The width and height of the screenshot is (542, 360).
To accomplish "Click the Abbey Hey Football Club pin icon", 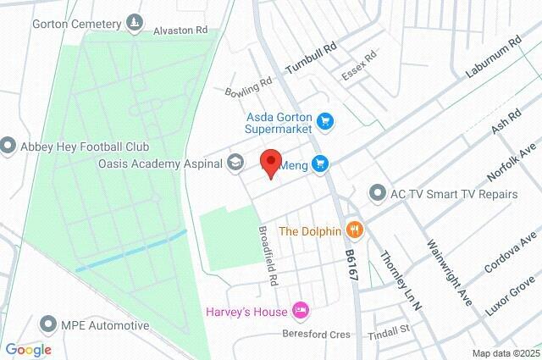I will (x=8, y=146).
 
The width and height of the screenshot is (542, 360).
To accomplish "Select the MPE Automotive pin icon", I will (x=49, y=325).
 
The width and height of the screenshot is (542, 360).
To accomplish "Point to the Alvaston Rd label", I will (x=180, y=30).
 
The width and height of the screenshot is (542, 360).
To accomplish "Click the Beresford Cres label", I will (x=316, y=335).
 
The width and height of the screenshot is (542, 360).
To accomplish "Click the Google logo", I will (x=28, y=350).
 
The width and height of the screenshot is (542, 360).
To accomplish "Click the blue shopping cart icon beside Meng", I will (x=319, y=163).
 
